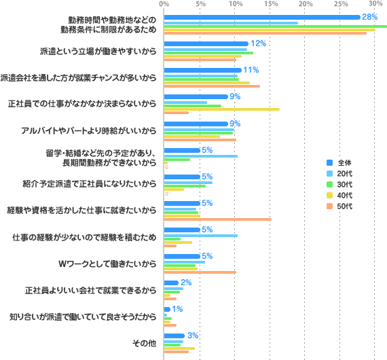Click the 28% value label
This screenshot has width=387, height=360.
(x=370, y=16)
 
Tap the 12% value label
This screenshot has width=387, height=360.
(x=259, y=43)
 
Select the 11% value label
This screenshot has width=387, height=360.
(x=251, y=70)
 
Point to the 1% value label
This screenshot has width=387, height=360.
(x=178, y=308)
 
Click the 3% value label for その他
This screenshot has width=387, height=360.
(x=193, y=336)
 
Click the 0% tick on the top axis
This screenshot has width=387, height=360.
(x=164, y=4)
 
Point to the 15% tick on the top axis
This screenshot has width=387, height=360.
(x=270, y=4)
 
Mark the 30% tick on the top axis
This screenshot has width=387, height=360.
(x=377, y=4)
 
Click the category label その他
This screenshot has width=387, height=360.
(x=145, y=343)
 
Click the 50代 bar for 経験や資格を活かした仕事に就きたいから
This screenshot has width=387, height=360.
(x=217, y=219)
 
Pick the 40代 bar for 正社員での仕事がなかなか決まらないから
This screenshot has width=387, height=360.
(x=221, y=109)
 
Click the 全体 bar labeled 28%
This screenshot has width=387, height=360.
(x=261, y=17)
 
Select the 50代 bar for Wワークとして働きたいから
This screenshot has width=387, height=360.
(x=200, y=272)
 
